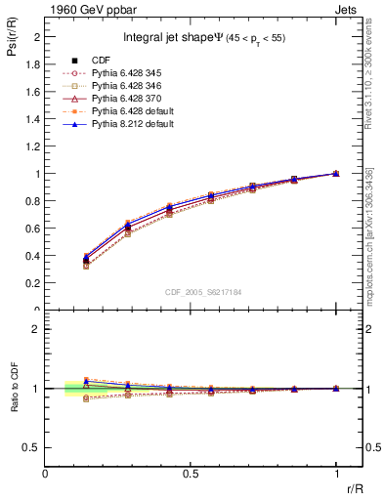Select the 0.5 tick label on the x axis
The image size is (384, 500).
coord(191,473)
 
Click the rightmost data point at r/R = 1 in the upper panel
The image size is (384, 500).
coord(336,174)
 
